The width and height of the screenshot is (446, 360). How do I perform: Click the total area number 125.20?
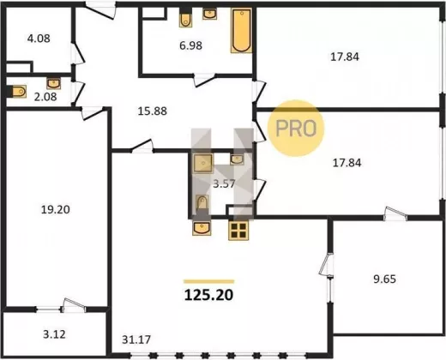(x=208, y=295)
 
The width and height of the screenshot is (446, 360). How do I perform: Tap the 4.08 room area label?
(x=39, y=39)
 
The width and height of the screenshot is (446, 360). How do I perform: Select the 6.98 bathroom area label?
(x=190, y=45)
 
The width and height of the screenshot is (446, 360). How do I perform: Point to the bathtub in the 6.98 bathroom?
(x=242, y=31)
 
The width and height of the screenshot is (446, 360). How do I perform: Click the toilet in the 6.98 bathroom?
(x=186, y=18)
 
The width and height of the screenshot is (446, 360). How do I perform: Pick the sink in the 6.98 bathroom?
(x=209, y=14)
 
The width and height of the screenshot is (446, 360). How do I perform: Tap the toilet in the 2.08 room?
(x=16, y=92)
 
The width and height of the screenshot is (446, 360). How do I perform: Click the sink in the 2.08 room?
(x=54, y=83)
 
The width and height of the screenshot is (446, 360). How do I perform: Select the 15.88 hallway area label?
(x=153, y=111)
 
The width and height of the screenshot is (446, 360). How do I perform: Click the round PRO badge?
(x=296, y=128)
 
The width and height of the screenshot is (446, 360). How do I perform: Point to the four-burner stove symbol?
(x=238, y=231)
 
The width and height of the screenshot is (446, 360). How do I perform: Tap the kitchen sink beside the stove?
(x=202, y=228)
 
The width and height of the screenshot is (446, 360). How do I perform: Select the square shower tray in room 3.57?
(x=203, y=163)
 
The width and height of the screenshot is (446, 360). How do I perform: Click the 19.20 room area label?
(x=56, y=210)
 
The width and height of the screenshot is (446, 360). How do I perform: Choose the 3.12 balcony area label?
(x=54, y=334)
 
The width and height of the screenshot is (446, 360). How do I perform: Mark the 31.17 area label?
(x=136, y=339)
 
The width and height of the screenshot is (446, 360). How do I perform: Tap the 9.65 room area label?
(x=385, y=279)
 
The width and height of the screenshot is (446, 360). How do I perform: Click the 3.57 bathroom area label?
(x=224, y=183)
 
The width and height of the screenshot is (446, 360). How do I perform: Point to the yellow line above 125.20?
(x=209, y=281)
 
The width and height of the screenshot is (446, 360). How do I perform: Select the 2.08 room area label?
(x=45, y=97)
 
